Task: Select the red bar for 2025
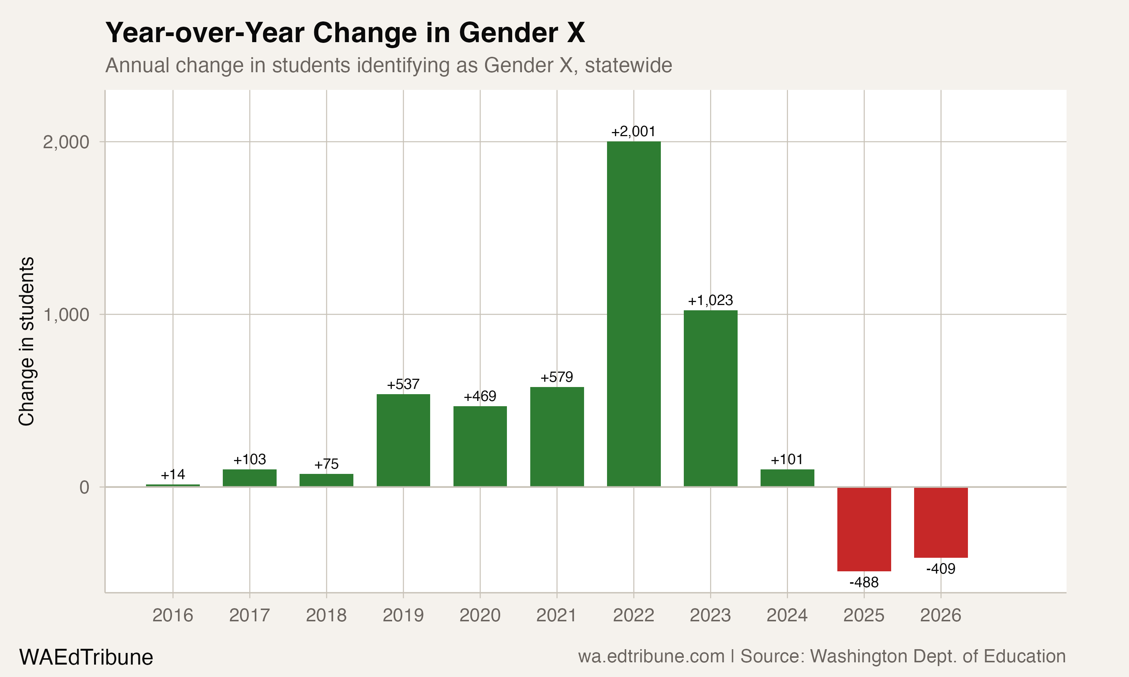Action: click(864, 529)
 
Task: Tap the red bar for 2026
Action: click(940, 522)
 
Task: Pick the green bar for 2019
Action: click(403, 440)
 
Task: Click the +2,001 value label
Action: click(633, 132)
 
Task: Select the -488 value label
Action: click(864, 583)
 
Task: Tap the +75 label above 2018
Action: click(326, 464)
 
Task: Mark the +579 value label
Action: click(557, 377)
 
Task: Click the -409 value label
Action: click(940, 569)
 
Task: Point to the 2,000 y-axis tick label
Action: click(66, 142)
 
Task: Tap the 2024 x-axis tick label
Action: click(787, 615)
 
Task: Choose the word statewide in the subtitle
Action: click(628, 65)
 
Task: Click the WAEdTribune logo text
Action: click(86, 657)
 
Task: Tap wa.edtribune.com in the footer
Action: click(651, 656)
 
